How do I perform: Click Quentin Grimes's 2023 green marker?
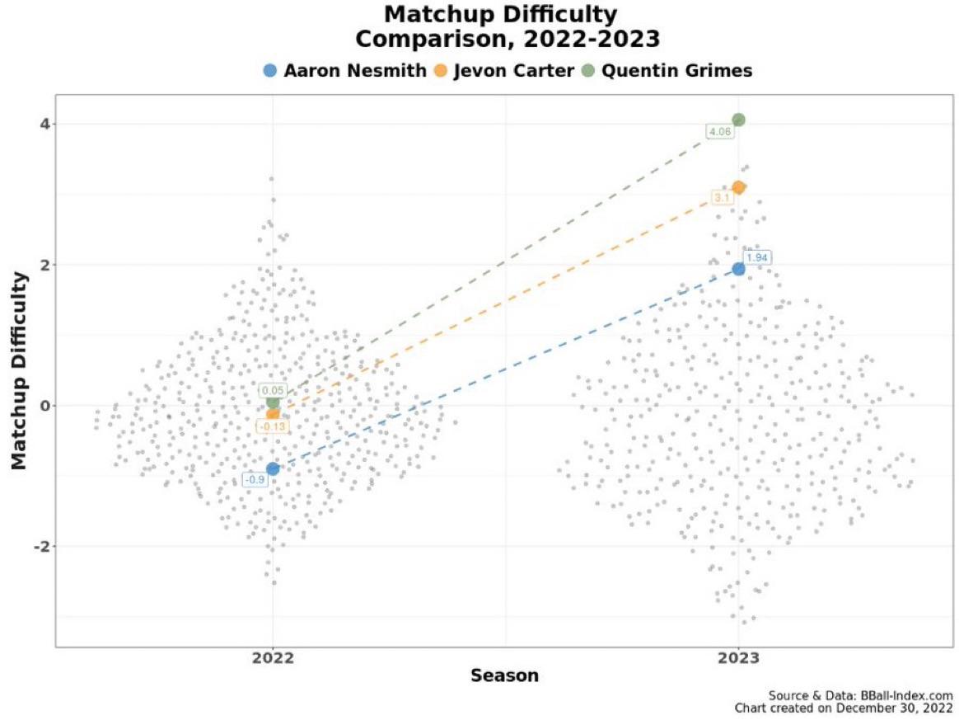click(738, 120)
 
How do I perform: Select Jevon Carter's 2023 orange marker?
click(738, 187)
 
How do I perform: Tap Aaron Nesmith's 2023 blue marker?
click(738, 269)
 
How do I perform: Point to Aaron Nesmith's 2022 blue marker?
click(273, 468)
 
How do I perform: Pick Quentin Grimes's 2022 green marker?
click(273, 402)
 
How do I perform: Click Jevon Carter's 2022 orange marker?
click(273, 414)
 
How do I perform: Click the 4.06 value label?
click(720, 131)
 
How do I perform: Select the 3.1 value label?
click(721, 198)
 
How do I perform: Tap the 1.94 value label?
click(757, 257)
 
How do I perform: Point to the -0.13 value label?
click(270, 426)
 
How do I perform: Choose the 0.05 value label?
click(272, 390)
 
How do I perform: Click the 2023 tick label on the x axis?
click(738, 659)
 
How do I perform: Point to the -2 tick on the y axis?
click(36, 547)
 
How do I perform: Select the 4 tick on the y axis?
click(40, 124)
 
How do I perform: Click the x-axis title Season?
click(504, 676)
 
